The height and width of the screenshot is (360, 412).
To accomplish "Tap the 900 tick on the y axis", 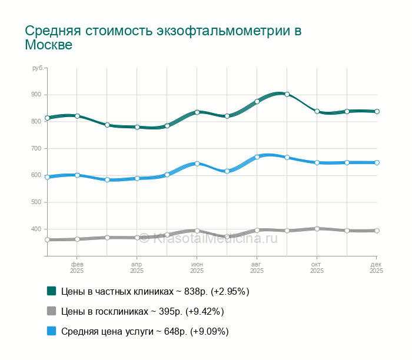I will coord(36,95).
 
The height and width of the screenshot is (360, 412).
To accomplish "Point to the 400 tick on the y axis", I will coord(36,229).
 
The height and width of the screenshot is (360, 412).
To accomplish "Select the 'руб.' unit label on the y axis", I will coord(38,69).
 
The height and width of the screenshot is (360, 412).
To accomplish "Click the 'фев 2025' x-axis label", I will coord(77,268).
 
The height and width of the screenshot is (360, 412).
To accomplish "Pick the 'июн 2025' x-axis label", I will coord(197,268).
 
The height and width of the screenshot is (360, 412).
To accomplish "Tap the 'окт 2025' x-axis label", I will coord(317,268).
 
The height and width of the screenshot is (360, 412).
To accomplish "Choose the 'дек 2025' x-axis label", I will coord(376,268).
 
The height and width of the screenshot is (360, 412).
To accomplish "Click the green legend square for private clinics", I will coord(51,291).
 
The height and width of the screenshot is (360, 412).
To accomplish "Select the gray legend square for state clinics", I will coord(51,311).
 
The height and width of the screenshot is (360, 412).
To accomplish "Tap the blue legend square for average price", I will coord(51,331).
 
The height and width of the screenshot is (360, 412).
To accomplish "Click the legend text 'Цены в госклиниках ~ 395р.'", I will coord(142,311).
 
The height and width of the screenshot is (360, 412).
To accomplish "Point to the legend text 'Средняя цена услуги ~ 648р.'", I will coord(145,331).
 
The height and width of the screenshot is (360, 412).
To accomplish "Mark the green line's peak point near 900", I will coord(287,94).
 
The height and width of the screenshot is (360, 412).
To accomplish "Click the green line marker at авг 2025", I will coord(257,101).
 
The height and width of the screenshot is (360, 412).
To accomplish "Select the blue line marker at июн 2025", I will coord(197,164).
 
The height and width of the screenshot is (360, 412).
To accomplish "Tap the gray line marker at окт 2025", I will coord(317,229).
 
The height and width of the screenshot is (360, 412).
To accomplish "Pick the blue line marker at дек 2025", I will coord(377,162).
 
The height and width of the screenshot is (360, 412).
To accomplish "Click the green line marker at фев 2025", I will coord(77,116).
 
